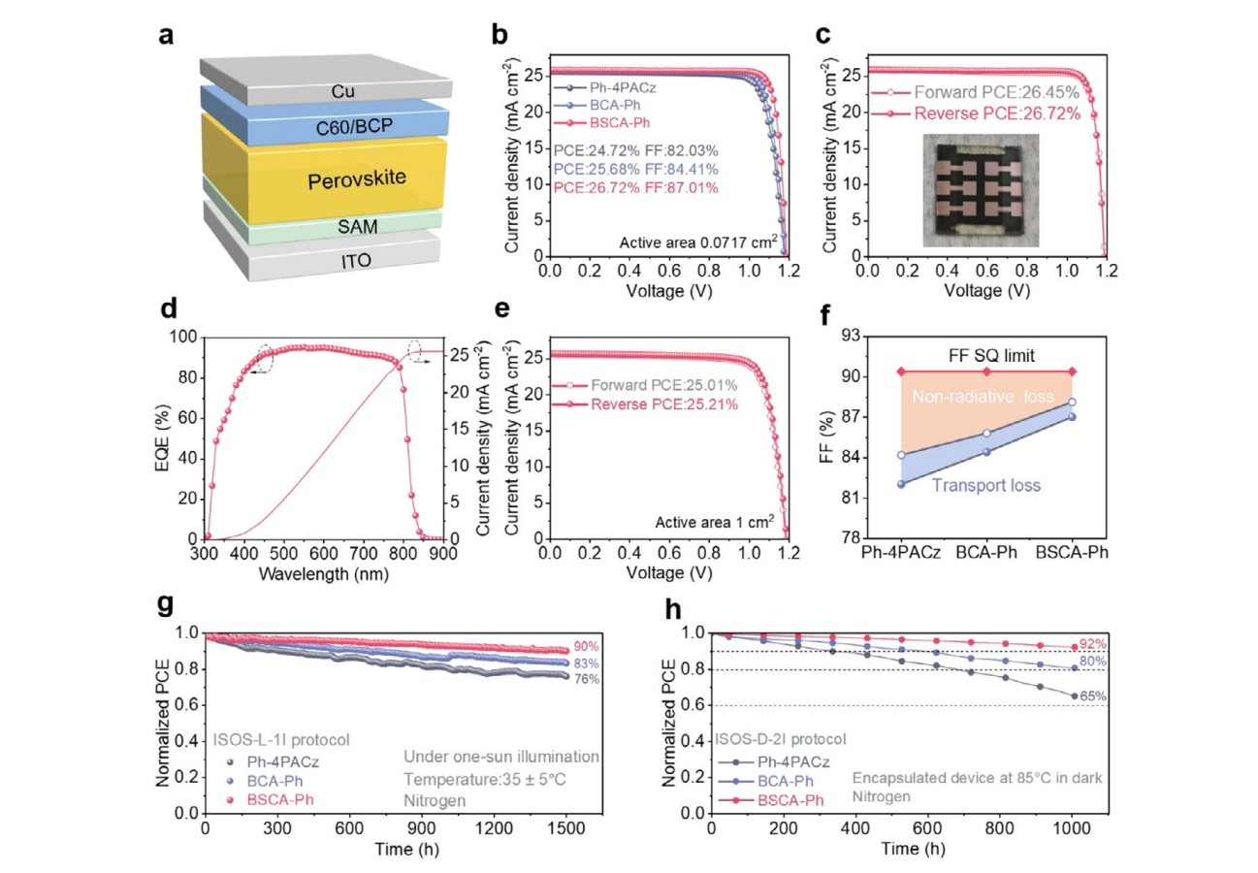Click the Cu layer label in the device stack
[x=342, y=91]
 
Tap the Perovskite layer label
[x=357, y=179]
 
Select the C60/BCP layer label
[x=354, y=127]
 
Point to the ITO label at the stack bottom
[x=356, y=261]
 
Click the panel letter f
[x=825, y=315]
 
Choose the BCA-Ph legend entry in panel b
[x=602, y=105]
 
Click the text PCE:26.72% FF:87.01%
[x=635, y=187]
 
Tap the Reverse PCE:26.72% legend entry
[x=976, y=113]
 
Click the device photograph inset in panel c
[x=981, y=190]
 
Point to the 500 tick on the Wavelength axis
[x=283, y=554]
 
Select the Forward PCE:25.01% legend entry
[x=645, y=385]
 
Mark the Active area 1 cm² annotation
[x=715, y=522]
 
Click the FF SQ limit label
[x=991, y=356]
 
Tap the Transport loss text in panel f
[x=986, y=485]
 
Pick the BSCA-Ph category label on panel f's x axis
[x=1072, y=553]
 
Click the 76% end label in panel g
[x=586, y=679]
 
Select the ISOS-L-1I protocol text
[x=281, y=740]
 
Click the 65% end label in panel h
[x=1093, y=696]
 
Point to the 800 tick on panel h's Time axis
[x=1000, y=828]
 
